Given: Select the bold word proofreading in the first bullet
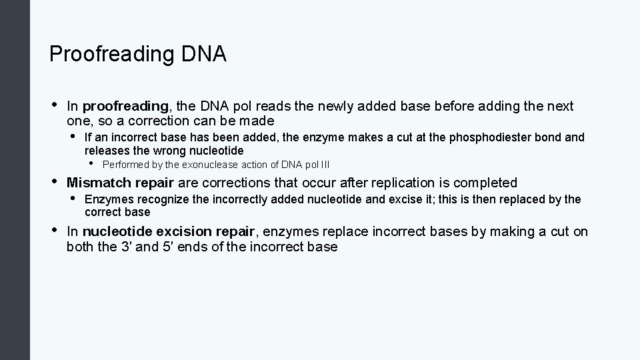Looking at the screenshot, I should pyautogui.click(x=126, y=106).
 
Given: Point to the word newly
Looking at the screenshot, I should pyautogui.click(x=337, y=106).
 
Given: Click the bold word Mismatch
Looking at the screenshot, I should pyautogui.click(x=95, y=183).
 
